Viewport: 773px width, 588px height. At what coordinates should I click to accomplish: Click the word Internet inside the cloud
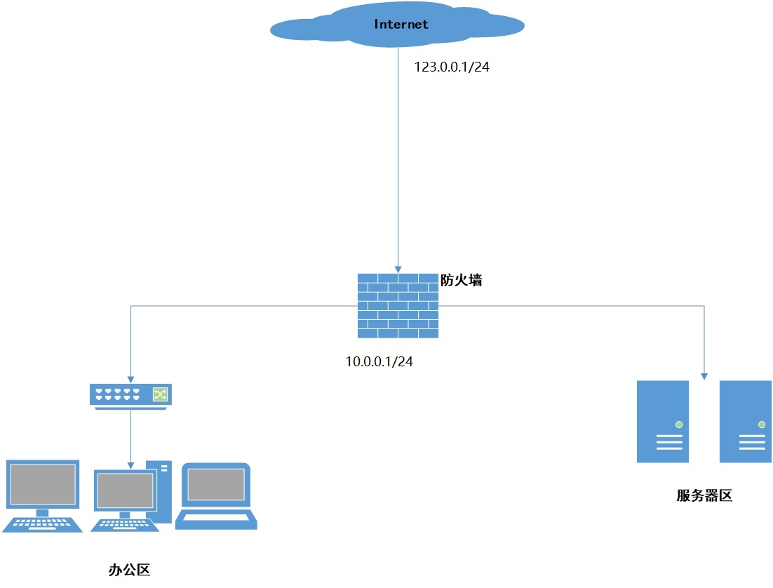coord(401,24)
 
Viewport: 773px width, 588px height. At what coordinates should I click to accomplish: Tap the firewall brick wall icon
coord(398,306)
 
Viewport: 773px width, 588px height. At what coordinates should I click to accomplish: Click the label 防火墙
coord(461,280)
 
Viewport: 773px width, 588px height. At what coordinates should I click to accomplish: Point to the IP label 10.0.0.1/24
coord(379,361)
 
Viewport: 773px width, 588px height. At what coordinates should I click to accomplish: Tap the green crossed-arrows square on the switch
coord(161,394)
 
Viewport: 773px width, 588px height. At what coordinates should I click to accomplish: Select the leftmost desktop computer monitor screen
coord(42,484)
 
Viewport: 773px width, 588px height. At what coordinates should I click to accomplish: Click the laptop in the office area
coord(216,495)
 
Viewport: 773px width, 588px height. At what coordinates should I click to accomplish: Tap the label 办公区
coord(130,570)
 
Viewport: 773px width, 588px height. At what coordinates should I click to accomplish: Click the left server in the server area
coord(662,421)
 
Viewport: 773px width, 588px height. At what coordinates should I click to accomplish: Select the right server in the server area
coord(745,421)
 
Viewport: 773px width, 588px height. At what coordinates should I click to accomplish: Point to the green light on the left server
coord(679,425)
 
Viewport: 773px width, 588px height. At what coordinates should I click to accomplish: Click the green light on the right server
coord(762,425)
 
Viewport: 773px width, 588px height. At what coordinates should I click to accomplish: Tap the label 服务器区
coord(704,495)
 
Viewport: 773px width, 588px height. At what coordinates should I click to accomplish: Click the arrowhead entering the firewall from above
coord(398,269)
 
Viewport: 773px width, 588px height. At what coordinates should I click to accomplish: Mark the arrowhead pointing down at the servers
coord(704,375)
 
